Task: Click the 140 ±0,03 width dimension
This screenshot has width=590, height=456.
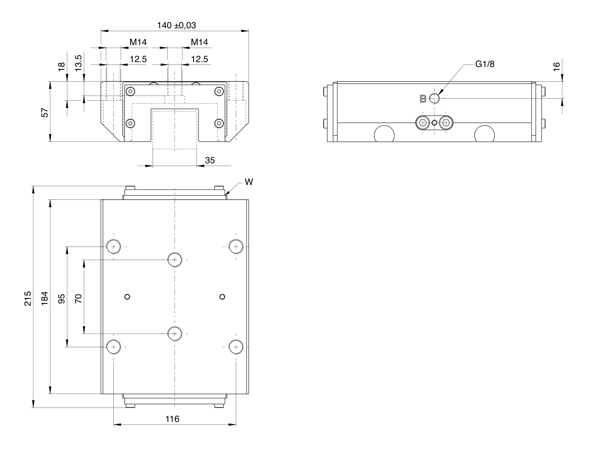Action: (177, 25)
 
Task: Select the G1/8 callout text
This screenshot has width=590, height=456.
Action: (485, 64)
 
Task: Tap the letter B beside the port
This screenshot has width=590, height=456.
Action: (423, 99)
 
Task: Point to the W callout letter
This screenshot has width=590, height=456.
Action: (249, 182)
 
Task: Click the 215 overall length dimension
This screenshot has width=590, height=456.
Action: (28, 298)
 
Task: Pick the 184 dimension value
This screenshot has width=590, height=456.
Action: (45, 298)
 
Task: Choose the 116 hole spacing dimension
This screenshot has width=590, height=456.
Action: (172, 419)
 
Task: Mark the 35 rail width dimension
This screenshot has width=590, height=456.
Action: (210, 161)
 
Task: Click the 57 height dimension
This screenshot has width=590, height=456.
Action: (45, 113)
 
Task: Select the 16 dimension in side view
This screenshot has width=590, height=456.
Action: (557, 67)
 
